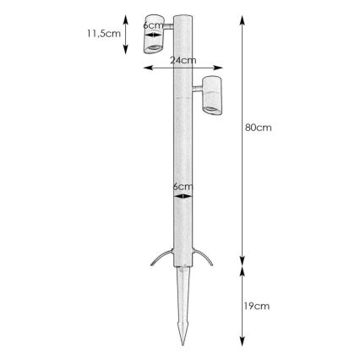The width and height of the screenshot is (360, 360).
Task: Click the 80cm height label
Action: (259, 128)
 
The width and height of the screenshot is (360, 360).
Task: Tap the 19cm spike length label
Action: (257, 306)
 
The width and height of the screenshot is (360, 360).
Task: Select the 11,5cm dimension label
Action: (104, 34)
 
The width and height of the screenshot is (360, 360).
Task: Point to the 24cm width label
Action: (183, 60)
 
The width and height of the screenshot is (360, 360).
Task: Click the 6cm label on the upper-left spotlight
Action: (153, 25)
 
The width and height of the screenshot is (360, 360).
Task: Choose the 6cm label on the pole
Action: (183, 186)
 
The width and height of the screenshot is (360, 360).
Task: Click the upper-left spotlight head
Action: (154, 34)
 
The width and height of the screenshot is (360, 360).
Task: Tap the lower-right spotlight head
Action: (212, 95)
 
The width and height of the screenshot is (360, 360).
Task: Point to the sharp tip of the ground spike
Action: (183, 345)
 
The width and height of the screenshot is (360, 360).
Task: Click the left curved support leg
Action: (160, 255)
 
